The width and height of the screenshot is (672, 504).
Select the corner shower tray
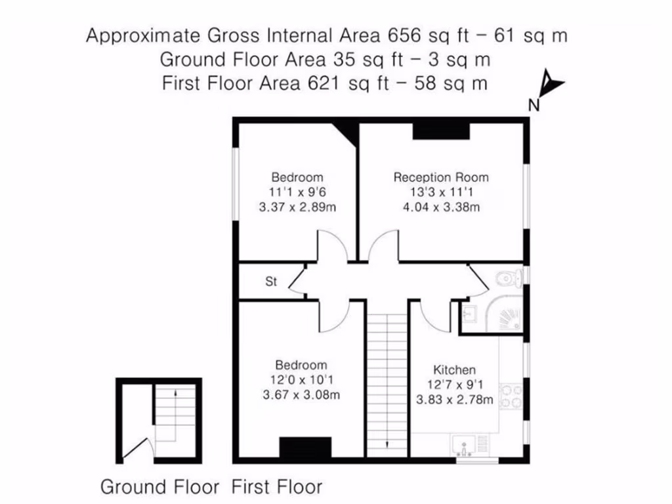click(506, 316)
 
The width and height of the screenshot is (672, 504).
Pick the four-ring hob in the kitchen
click(511, 396)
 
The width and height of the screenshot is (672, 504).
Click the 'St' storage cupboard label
click(271, 282)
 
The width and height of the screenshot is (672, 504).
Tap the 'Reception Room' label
click(441, 177)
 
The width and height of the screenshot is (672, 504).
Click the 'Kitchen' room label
click(454, 370)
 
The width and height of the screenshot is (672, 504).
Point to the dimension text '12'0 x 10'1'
click(301, 380)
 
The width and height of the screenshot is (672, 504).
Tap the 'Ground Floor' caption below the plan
click(159, 487)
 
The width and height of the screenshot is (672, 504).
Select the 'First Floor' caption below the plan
click(277, 487)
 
